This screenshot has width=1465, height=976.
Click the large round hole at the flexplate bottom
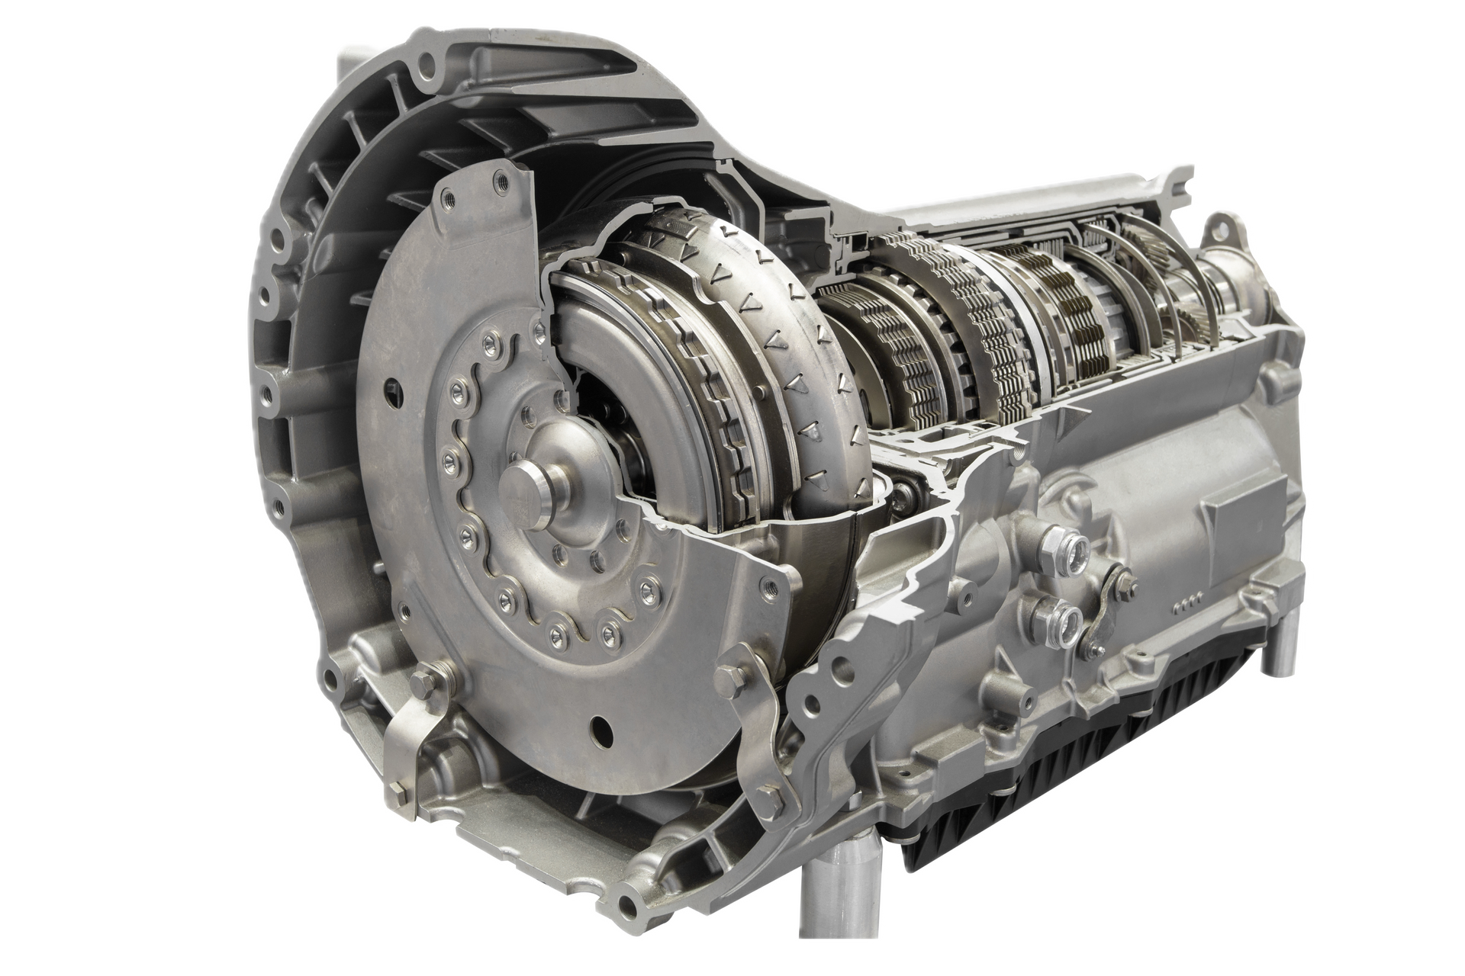click(x=601, y=726)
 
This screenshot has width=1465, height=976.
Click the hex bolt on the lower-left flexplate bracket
click(x=420, y=679)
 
